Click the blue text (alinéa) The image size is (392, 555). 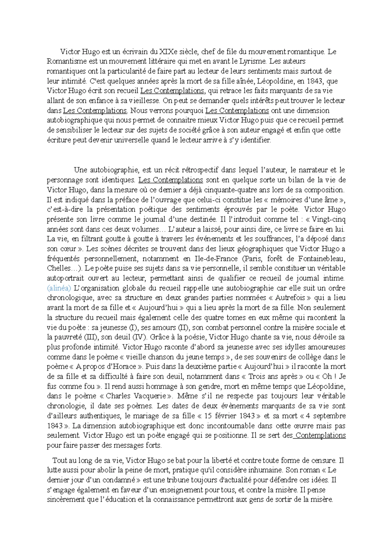(x=59, y=288)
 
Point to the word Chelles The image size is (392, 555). (x=58, y=269)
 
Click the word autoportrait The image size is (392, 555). (x=66, y=278)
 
